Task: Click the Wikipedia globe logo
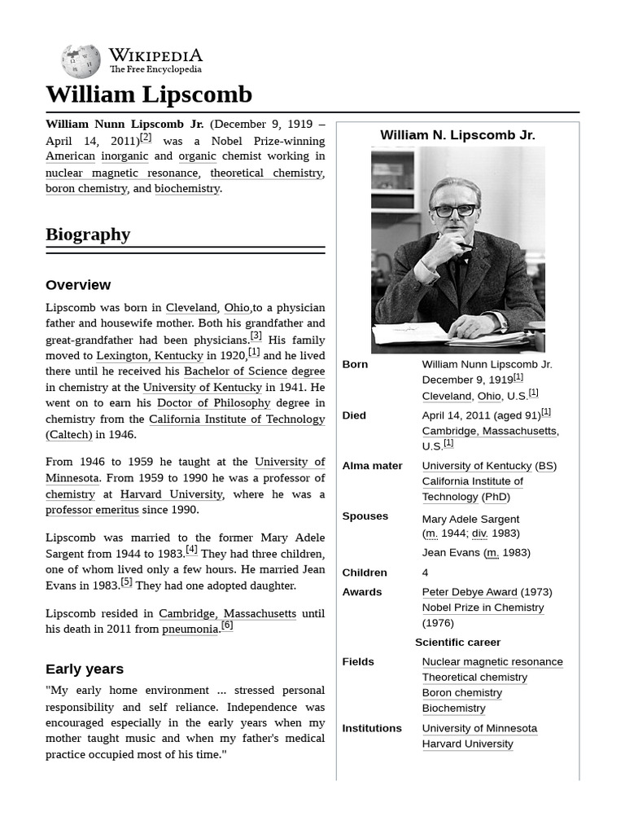[81, 61]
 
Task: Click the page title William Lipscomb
[149, 94]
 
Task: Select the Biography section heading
[88, 235]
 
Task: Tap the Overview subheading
[78, 285]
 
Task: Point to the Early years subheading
[85, 669]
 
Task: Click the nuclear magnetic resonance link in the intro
[121, 173]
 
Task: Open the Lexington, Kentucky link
[150, 355]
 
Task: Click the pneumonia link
[190, 629]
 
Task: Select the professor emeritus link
[92, 510]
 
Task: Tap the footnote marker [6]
[227, 625]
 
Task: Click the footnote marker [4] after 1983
[191, 550]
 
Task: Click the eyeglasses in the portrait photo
[455, 210]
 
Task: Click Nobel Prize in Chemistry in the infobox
[483, 608]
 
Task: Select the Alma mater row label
[372, 466]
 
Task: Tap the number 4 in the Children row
[426, 573]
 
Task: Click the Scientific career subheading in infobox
[457, 643]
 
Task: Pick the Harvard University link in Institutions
[467, 744]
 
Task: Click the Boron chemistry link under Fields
[461, 693]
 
